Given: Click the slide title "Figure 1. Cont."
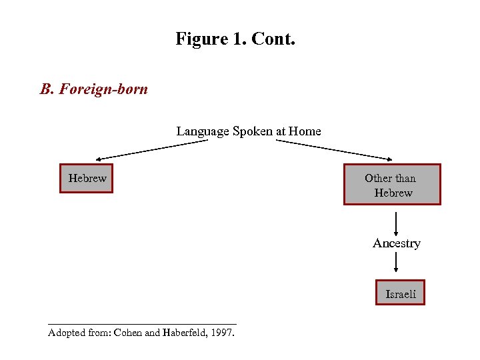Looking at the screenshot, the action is pyautogui.click(x=235, y=39).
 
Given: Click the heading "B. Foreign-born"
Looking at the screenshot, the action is pyautogui.click(x=94, y=89).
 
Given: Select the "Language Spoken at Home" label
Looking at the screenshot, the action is pyautogui.click(x=249, y=131).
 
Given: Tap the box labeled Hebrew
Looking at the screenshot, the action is pyautogui.click(x=87, y=178).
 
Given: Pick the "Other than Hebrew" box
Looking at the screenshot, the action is pyautogui.click(x=392, y=185).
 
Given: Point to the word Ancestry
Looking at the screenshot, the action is pyautogui.click(x=396, y=243).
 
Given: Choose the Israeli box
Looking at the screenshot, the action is pyautogui.click(x=400, y=293).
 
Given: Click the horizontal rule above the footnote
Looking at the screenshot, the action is pyautogui.click(x=142, y=324).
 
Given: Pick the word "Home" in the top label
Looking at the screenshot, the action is pyautogui.click(x=305, y=131).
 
